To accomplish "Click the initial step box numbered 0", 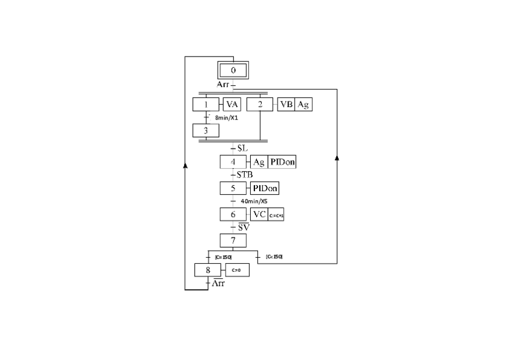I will [233, 70].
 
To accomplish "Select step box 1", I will [206, 104].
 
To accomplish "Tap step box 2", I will [260, 104].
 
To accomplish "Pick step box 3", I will [206, 130].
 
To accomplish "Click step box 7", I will [233, 240].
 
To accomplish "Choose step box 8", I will [208, 270].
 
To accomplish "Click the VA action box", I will [232, 104].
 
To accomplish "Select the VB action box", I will [286, 104].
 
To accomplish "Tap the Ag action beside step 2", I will [304, 104].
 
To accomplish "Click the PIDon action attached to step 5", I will [265, 188].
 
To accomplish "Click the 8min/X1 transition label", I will [227, 117].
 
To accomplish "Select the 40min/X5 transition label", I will [254, 201].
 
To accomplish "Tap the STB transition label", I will [244, 175].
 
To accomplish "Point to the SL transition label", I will [242, 148].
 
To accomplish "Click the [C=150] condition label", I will [223, 257].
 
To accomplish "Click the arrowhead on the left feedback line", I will [185, 165].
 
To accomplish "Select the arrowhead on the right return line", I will [337, 157].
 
